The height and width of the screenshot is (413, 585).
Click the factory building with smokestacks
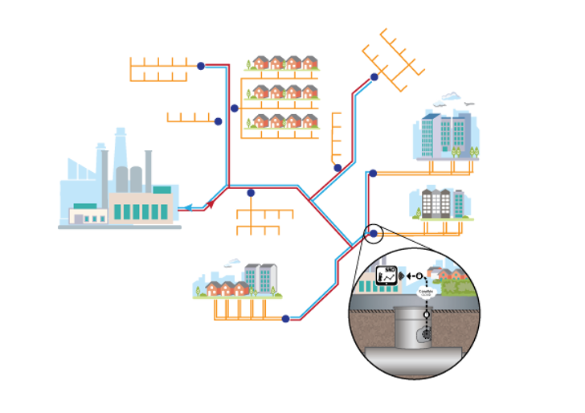(x=121, y=193)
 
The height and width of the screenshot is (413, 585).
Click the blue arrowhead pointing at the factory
(x=183, y=208)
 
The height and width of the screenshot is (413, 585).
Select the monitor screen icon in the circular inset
(x=387, y=276)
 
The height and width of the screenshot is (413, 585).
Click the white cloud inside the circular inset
(x=426, y=292)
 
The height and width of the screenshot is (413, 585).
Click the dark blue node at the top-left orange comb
(x=201, y=66)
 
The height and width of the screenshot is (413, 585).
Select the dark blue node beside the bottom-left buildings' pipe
(x=285, y=319)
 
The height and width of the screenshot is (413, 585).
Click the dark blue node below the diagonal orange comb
(x=374, y=77)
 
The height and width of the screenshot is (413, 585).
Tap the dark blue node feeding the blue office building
(x=372, y=173)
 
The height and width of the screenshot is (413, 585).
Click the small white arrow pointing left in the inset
(x=410, y=276)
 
